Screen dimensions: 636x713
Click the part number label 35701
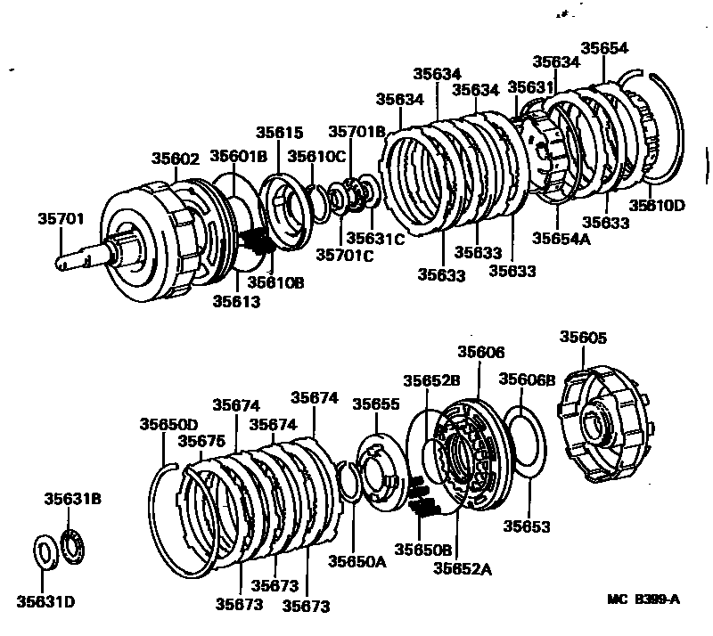click(60, 217)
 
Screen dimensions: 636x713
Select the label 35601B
click(238, 157)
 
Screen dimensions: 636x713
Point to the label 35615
click(280, 132)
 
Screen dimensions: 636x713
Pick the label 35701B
click(356, 132)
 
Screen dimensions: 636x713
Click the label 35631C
click(375, 238)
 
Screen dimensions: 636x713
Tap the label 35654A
click(563, 238)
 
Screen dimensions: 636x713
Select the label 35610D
click(657, 206)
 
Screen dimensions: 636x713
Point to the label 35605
click(584, 338)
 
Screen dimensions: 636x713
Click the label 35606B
click(527, 379)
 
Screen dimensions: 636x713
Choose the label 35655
click(374, 404)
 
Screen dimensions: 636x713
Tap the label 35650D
click(168, 424)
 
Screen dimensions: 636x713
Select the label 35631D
click(45, 603)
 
